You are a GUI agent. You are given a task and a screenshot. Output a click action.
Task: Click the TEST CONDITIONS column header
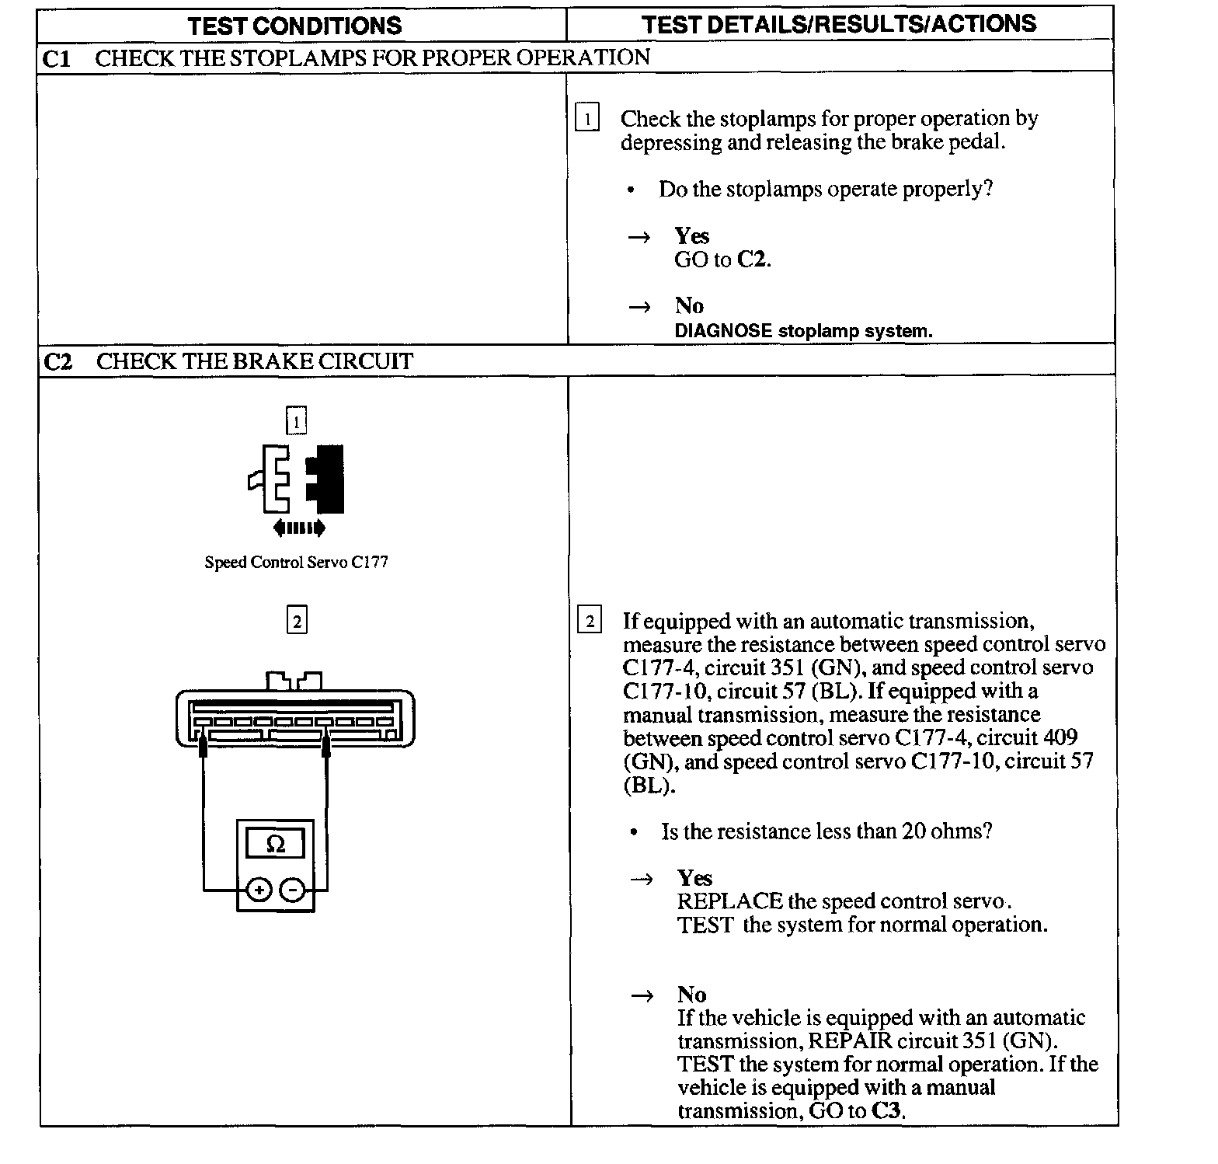[x=294, y=26]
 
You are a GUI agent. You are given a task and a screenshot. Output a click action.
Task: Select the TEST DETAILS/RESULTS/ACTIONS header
[x=838, y=24]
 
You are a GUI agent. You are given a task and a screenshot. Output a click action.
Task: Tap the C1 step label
[x=56, y=58]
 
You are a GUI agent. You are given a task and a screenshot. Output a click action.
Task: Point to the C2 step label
[x=57, y=362]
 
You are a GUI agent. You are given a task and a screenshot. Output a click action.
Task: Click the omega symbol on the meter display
[x=275, y=843]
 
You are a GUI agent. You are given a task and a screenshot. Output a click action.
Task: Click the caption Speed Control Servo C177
[x=296, y=562]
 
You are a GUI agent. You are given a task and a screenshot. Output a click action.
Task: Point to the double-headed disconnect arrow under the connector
[x=299, y=528]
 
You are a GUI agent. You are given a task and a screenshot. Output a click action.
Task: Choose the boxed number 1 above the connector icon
[x=296, y=422]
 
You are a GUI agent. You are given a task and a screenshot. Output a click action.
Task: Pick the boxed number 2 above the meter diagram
[x=297, y=622]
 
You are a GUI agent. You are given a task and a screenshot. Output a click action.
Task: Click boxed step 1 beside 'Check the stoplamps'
[x=587, y=119]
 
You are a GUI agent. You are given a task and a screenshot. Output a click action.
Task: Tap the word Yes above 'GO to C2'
[x=691, y=235]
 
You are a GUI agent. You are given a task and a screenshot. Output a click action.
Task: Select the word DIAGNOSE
[x=722, y=331]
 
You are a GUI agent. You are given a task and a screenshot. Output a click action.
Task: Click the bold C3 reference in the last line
[x=886, y=1110]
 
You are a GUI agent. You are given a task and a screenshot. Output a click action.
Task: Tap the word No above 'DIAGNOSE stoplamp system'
[x=689, y=305]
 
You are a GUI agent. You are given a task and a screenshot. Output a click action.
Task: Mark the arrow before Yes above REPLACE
[x=641, y=879]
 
